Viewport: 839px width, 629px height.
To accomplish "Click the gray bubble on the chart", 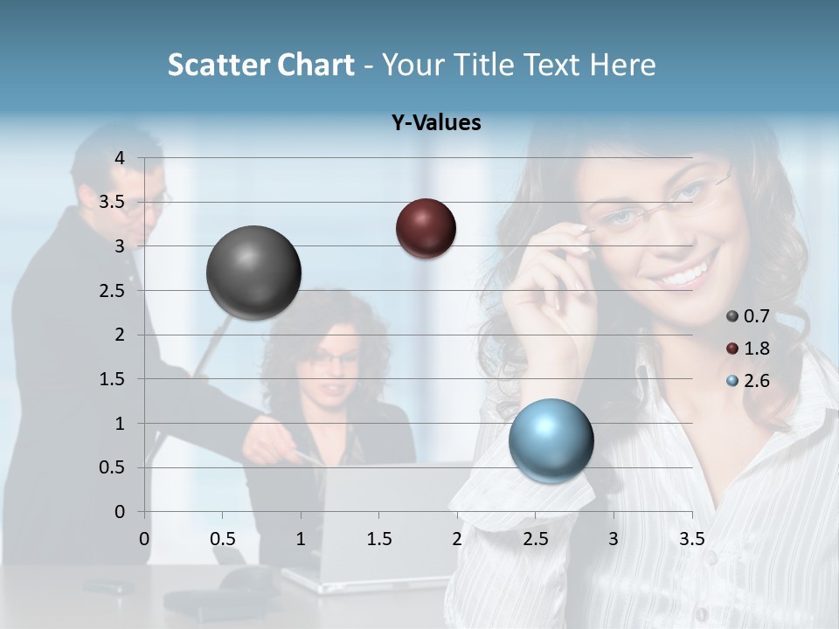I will pos(254,273).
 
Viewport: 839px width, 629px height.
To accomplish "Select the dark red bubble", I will pos(426,229).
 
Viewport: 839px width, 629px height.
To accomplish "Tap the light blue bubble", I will pos(551,440).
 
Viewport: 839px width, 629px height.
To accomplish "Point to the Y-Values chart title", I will pos(436,123).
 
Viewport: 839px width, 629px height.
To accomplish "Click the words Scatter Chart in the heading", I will pos(260,65).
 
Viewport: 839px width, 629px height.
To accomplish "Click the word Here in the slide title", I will pos(622,65).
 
